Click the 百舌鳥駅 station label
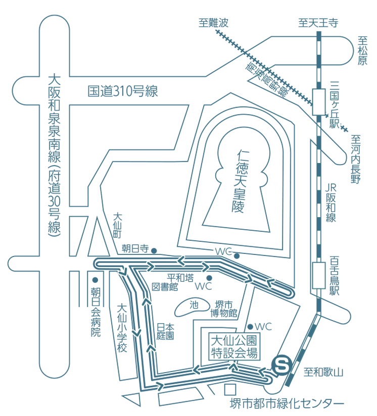(x=334, y=276)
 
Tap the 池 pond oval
(x=193, y=306)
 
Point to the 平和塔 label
(x=180, y=277)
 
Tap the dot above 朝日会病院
(x=95, y=280)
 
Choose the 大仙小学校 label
(x=122, y=327)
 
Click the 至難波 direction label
(x=213, y=23)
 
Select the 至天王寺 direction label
(x=318, y=23)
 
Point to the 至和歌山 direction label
(x=323, y=373)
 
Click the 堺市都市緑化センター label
(x=287, y=403)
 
